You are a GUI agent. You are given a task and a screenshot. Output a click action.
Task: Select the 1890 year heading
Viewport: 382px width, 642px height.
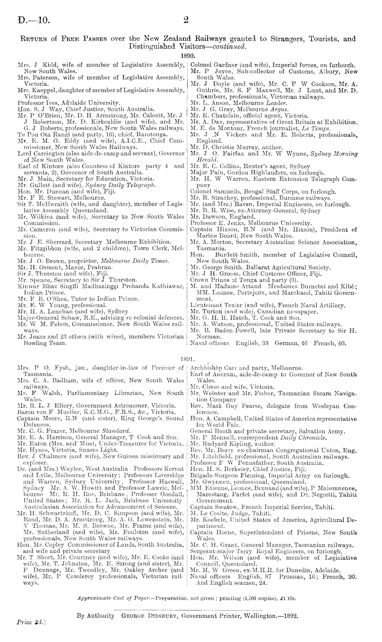click(x=187, y=55)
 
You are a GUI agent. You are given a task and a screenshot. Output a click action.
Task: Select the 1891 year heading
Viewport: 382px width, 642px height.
click(x=187, y=359)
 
